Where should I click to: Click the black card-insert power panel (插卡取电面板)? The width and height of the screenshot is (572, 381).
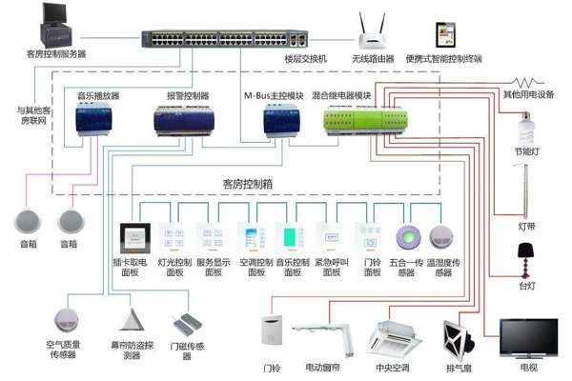(x=131, y=237)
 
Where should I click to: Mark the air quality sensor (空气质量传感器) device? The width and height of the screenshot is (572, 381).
(x=67, y=319)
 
